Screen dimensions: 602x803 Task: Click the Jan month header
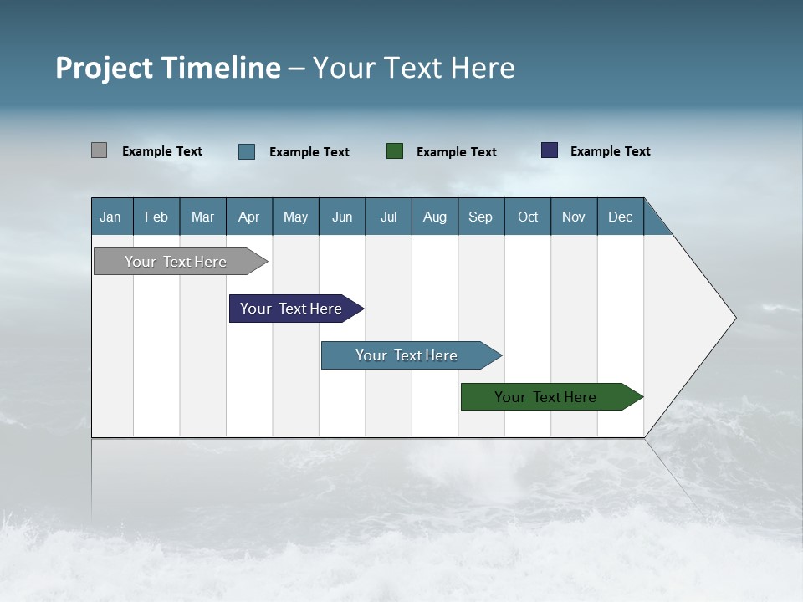(110, 217)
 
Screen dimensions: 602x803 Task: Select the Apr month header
(248, 217)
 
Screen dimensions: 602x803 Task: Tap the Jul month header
(388, 217)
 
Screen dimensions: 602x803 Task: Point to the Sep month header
(480, 217)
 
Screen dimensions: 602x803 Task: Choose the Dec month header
(620, 217)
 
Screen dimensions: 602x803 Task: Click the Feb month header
(156, 217)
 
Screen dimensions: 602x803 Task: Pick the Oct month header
(528, 217)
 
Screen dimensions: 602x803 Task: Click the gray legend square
(99, 150)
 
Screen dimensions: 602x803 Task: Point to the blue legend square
(247, 151)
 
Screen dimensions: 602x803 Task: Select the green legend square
(395, 151)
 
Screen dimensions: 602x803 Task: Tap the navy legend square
(550, 150)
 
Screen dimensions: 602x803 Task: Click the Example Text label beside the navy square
(610, 151)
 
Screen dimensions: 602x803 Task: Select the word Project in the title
(105, 68)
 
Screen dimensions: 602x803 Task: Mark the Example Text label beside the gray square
(162, 151)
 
